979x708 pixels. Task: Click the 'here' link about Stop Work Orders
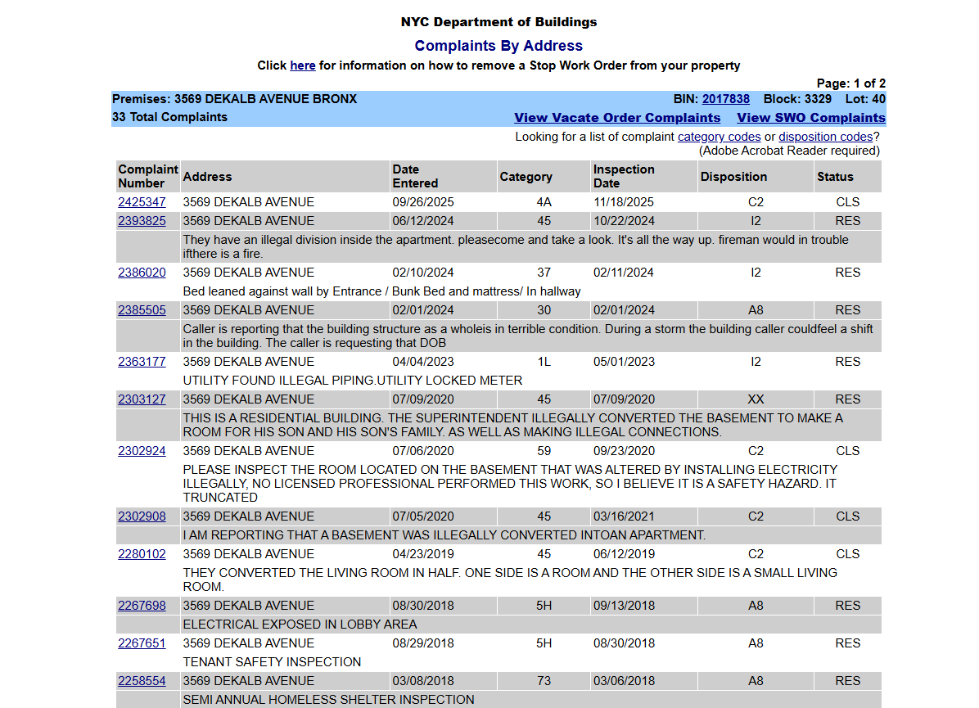pyautogui.click(x=302, y=65)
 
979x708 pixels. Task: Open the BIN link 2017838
pyautogui.click(x=725, y=99)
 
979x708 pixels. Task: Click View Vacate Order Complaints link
pyautogui.click(x=617, y=118)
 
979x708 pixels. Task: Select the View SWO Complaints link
pyautogui.click(x=810, y=118)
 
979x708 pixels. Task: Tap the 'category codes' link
pyautogui.click(x=719, y=137)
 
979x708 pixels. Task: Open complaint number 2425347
pyautogui.click(x=142, y=202)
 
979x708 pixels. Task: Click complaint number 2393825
pyautogui.click(x=142, y=221)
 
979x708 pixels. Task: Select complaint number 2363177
pyautogui.click(x=142, y=362)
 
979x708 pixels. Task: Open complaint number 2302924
pyautogui.click(x=142, y=451)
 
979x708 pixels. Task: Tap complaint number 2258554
pyautogui.click(x=142, y=681)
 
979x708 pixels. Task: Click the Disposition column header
pyautogui.click(x=733, y=177)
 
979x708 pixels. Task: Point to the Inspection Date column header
pyautogui.click(x=624, y=176)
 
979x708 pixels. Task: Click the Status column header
pyautogui.click(x=835, y=177)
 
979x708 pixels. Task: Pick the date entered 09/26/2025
pyautogui.click(x=423, y=202)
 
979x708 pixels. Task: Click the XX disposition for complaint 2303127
pyautogui.click(x=756, y=399)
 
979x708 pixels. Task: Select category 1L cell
pyautogui.click(x=544, y=362)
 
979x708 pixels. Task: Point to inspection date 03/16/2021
pyautogui.click(x=624, y=516)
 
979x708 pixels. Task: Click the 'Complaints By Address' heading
pyautogui.click(x=499, y=46)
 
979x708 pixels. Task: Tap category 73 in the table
pyautogui.click(x=544, y=681)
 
